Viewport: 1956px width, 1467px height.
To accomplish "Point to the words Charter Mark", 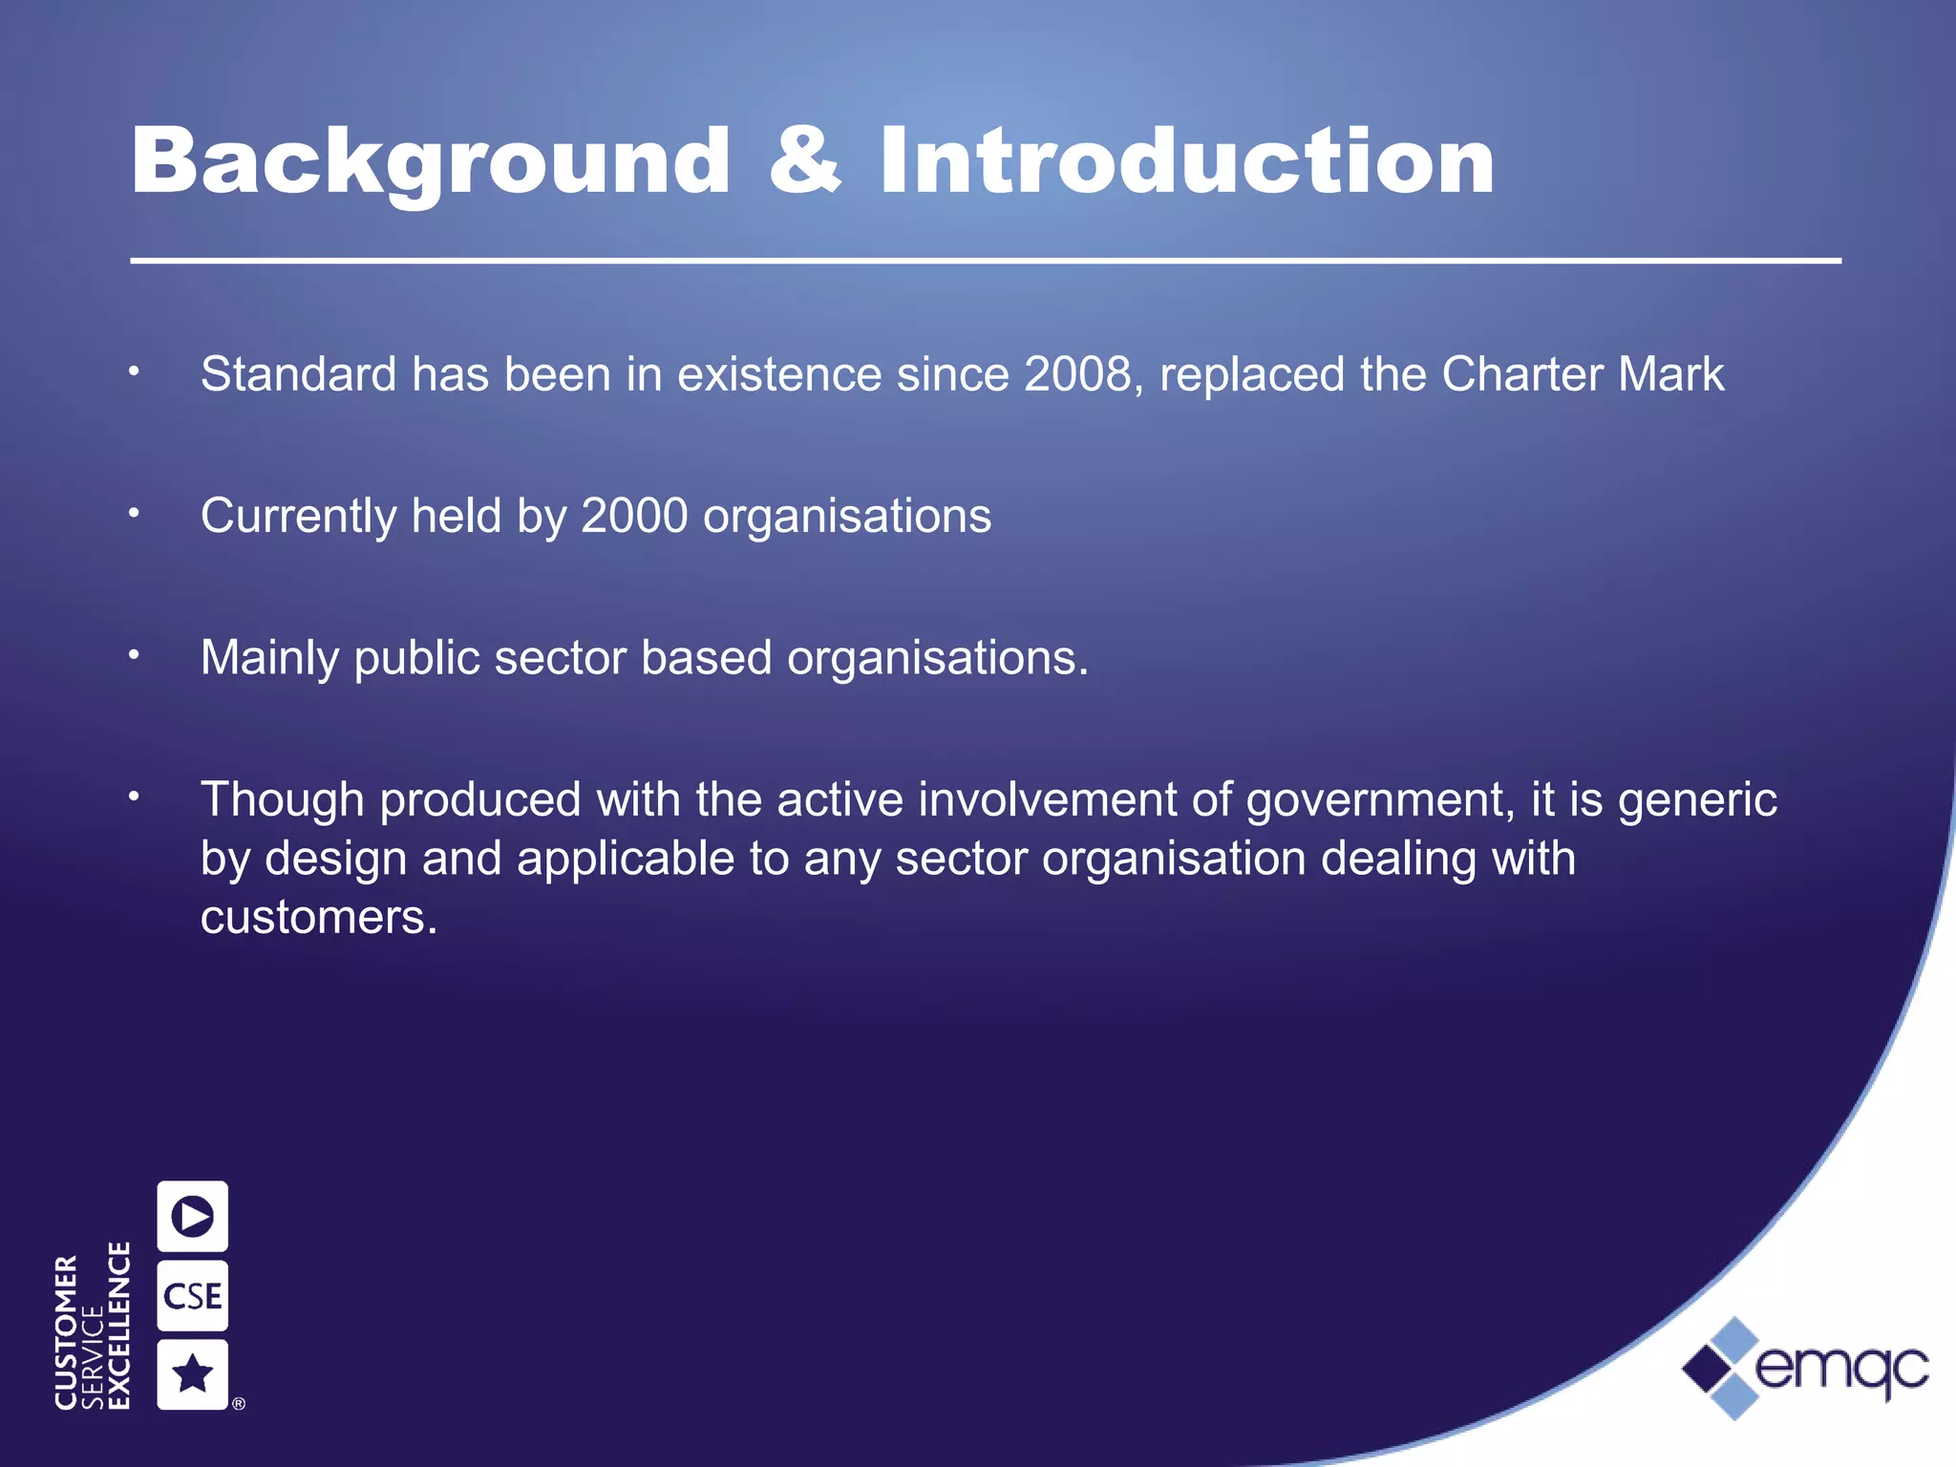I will tap(1583, 374).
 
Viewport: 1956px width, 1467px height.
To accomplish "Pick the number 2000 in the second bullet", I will tap(634, 517).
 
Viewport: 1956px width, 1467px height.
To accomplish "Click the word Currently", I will tap(298, 517).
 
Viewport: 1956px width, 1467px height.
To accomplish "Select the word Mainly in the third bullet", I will tap(269, 658).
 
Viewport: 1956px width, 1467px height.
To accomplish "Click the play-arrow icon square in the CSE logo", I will tap(193, 1216).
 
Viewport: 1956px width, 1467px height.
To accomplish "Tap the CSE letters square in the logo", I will tap(193, 1296).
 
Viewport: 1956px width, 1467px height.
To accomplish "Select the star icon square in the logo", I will tap(193, 1374).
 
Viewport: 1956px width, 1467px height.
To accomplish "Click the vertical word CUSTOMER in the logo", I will tap(66, 1331).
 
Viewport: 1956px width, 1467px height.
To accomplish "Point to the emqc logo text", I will tap(1841, 1368).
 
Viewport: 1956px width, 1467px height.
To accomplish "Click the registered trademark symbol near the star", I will tap(239, 1403).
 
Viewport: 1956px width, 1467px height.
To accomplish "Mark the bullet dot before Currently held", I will tap(135, 514).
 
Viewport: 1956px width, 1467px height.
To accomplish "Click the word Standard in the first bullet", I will tap(298, 374).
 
